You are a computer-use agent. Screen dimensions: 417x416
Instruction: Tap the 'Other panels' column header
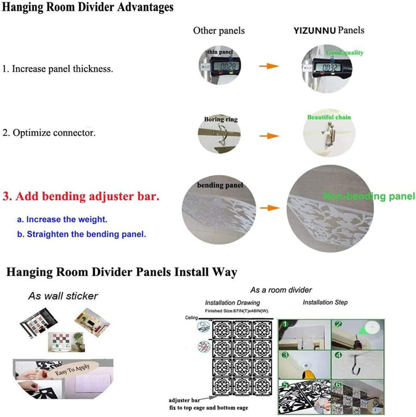coord(218,31)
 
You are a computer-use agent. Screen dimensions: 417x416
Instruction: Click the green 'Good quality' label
coord(344,53)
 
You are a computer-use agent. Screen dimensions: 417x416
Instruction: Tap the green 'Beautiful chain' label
coord(329,117)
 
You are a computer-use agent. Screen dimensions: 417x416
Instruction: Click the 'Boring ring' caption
coord(221,120)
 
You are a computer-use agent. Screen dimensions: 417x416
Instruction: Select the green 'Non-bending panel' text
coord(369,197)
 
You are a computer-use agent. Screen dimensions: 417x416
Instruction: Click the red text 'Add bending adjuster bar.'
coord(81,196)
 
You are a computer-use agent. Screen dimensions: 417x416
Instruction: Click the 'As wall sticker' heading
coord(63,296)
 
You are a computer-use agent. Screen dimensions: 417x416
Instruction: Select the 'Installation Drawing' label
coord(232,303)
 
